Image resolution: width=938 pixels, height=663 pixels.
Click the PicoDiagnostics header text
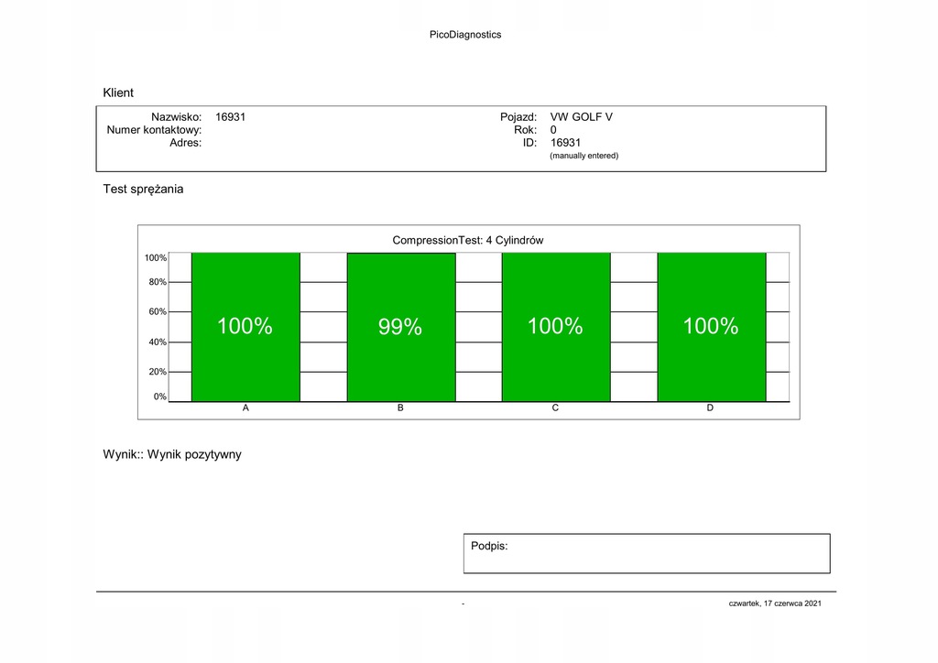[465, 35]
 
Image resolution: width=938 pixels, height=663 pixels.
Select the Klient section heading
[118, 92]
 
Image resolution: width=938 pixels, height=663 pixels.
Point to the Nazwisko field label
[176, 117]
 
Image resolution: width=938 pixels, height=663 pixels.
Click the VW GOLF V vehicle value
[581, 117]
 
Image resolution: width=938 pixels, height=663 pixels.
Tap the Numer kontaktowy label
[154, 130]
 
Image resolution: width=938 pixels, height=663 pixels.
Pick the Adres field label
[185, 143]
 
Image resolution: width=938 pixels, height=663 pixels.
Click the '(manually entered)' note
[584, 156]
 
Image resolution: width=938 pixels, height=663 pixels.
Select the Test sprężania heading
[143, 189]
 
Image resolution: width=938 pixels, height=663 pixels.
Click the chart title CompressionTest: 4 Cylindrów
[468, 240]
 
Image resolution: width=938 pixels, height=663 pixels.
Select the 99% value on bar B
[400, 327]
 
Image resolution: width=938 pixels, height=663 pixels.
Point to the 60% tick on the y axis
[158, 311]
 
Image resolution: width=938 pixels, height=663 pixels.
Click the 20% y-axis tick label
[158, 372]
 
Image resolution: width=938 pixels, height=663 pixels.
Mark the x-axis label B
[400, 408]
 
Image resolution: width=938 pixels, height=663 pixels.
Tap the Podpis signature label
[489, 546]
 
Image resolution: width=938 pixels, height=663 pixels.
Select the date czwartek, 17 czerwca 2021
[775, 603]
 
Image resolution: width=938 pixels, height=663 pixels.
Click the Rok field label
[525, 130]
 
